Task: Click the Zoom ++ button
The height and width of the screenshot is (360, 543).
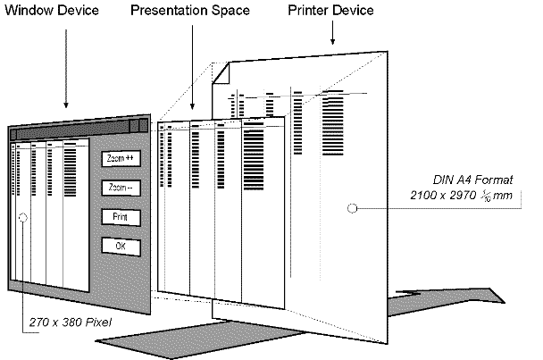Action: pyautogui.click(x=121, y=158)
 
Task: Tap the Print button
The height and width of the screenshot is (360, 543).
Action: pyautogui.click(x=121, y=217)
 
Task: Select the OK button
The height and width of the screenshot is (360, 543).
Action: pyautogui.click(x=121, y=247)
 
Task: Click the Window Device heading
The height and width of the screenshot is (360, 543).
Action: pyautogui.click(x=52, y=10)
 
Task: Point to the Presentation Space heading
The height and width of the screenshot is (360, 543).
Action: pyautogui.click(x=190, y=11)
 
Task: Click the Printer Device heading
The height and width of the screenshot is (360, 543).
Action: pyautogui.click(x=330, y=10)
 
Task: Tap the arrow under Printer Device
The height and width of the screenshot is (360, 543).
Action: pyautogui.click(x=332, y=32)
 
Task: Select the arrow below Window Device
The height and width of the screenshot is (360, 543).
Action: pyautogui.click(x=66, y=69)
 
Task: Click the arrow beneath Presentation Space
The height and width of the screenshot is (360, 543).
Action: pyautogui.click(x=193, y=67)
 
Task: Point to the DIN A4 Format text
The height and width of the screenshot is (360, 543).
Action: pyautogui.click(x=472, y=180)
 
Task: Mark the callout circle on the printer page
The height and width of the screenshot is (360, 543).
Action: pyautogui.click(x=352, y=208)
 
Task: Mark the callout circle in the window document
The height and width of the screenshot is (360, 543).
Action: pyautogui.click(x=23, y=218)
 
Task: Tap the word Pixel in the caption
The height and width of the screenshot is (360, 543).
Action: pyautogui.click(x=98, y=322)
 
